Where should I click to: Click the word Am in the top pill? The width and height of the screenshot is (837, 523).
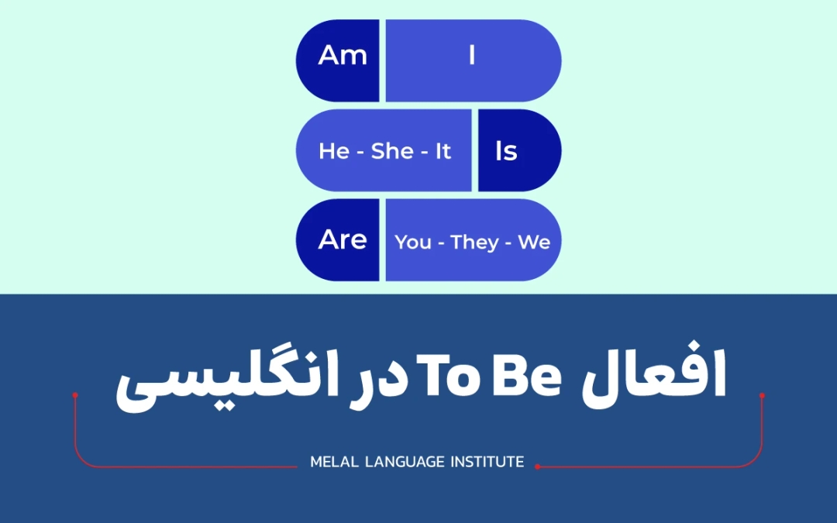coord(342,57)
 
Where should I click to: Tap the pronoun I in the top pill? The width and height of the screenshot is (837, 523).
coord(471,57)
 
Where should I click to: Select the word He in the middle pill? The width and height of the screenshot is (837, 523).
coord(334,151)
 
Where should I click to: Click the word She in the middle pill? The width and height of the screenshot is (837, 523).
coord(392,151)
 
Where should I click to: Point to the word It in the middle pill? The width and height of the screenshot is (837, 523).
coord(443,151)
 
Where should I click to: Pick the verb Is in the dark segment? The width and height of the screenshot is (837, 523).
coord(506,151)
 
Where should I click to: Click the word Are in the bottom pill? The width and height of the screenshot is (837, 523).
coord(342,240)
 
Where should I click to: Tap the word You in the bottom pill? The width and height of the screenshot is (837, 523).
coord(413,243)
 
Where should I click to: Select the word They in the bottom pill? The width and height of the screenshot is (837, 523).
coord(474,243)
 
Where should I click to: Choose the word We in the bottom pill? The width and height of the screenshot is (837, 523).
coord(534,243)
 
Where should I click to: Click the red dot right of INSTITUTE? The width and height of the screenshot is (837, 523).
coord(537,466)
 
